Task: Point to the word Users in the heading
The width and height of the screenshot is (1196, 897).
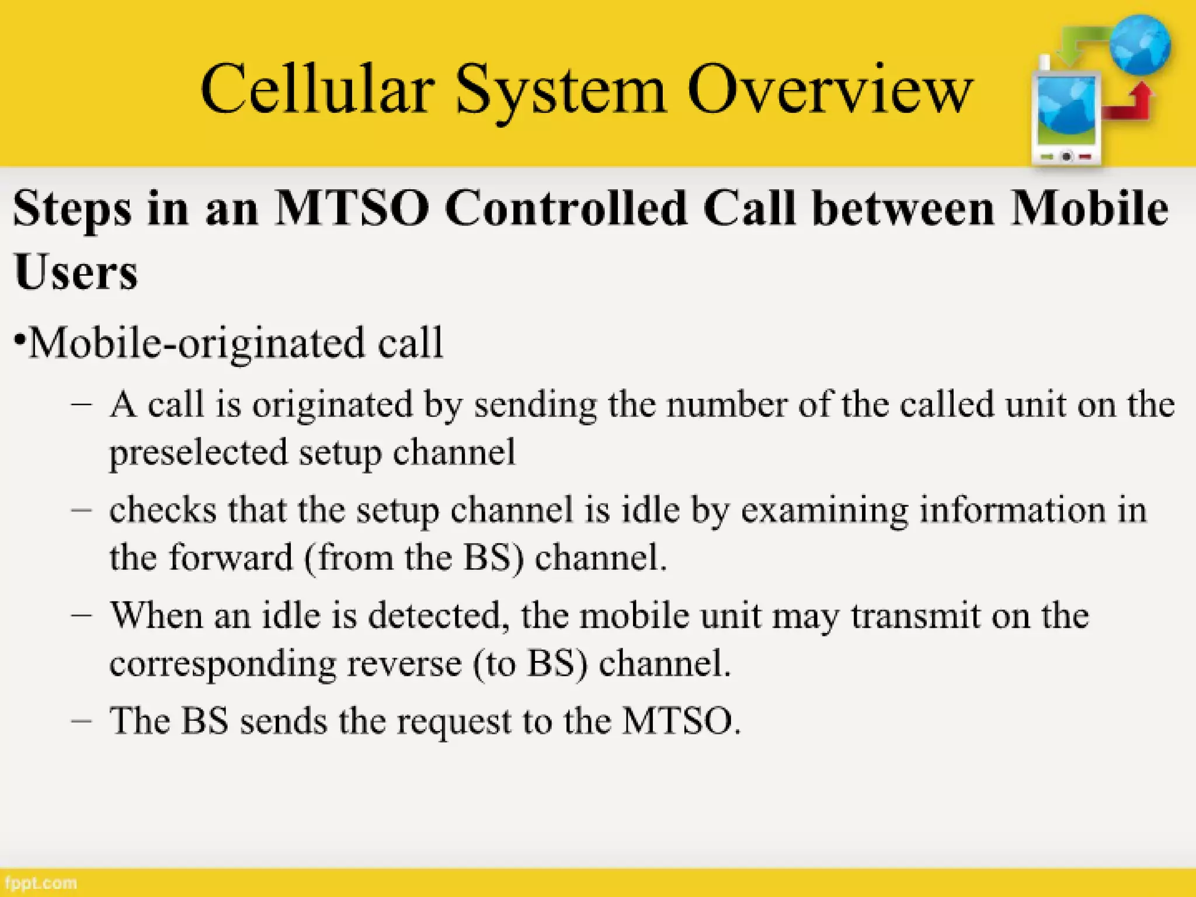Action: click(76, 272)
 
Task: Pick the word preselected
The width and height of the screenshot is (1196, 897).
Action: click(199, 453)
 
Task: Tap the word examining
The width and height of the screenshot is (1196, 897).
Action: click(824, 510)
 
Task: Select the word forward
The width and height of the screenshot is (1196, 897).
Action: click(231, 557)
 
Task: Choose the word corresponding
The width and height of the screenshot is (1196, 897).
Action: click(222, 665)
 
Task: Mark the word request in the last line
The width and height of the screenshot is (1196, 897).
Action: click(454, 722)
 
